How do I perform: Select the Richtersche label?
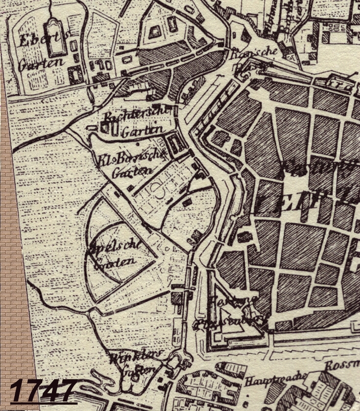pos(137,116)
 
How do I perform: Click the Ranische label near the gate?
pos(254,51)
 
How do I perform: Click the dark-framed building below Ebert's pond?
pos(76,75)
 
